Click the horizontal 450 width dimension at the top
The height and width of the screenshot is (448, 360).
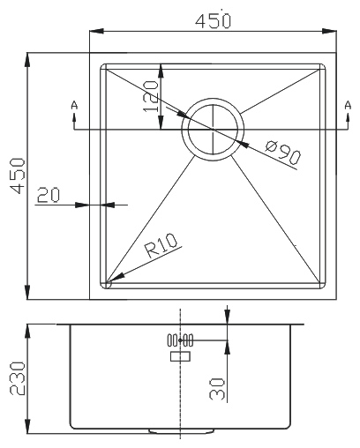point(214,21)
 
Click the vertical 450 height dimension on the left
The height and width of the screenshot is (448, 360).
point(18,175)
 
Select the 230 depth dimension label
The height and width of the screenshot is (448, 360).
point(18,378)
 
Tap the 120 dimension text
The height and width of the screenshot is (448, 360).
point(151,96)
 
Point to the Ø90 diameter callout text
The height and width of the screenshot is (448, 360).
point(283,153)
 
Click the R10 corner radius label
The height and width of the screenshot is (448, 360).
point(161,246)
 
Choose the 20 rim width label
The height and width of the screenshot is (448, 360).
point(49,195)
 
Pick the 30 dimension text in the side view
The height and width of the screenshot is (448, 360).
point(217,389)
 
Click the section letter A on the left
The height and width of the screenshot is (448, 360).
point(74,105)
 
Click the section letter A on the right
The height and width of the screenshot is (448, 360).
point(348,105)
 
